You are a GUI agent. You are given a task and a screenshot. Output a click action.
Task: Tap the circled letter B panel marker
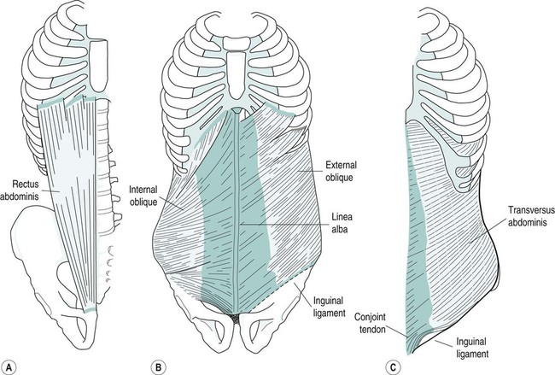pyautogui.click(x=160, y=366)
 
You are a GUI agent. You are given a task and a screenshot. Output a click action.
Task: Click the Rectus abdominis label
pyautogui.click(x=29, y=188)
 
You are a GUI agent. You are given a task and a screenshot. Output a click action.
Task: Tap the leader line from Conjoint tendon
pyautogui.click(x=400, y=325)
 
